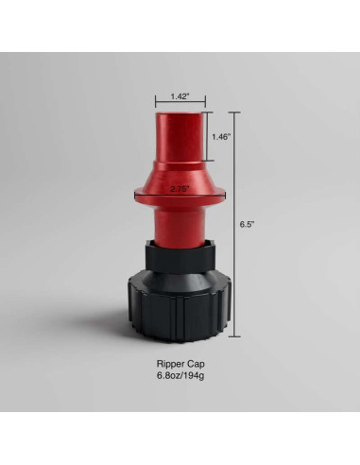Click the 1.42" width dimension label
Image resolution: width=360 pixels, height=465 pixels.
(x=180, y=96)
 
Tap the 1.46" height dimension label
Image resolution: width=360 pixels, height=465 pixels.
(x=221, y=137)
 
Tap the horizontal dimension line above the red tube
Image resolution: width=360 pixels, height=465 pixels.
(x=180, y=105)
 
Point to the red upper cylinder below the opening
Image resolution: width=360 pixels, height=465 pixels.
(x=180, y=142)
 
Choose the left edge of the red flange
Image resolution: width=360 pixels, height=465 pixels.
(x=134, y=195)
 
